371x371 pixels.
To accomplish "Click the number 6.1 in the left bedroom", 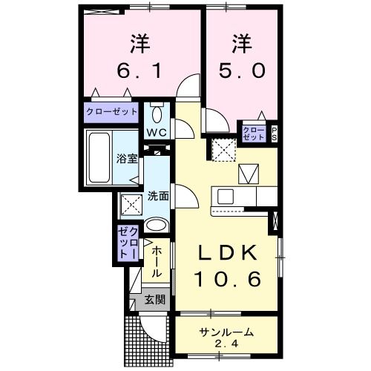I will coord(139,73).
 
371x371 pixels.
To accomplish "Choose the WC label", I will coord(157,132).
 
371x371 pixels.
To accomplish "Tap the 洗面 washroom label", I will coord(157,197).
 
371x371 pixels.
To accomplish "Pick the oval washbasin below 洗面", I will coord(157,226).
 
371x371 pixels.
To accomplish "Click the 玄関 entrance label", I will coord(154,300).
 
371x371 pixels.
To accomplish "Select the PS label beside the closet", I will coord(273,134).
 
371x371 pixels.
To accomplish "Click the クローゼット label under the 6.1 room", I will coord(111,112).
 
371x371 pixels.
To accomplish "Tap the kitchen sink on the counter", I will coord(226,196).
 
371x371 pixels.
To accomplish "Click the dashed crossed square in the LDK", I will coord(221,150).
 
